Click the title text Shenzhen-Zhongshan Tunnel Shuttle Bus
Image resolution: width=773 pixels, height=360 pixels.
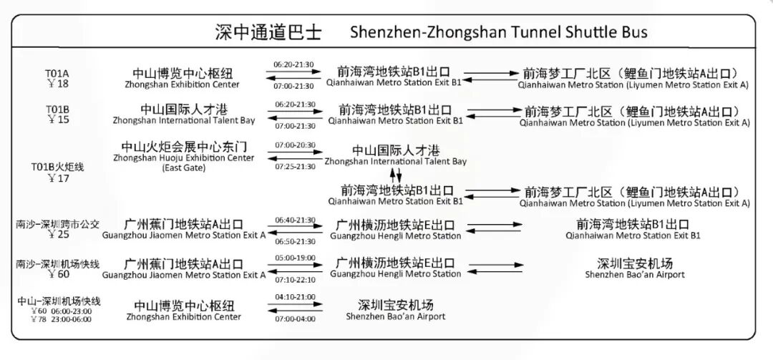[x=499, y=32]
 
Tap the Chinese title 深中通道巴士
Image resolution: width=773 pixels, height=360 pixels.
[x=268, y=32]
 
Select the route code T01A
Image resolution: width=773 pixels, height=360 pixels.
[x=57, y=73]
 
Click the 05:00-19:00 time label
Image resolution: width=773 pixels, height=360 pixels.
[x=294, y=257]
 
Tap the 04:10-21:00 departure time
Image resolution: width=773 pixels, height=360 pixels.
[x=294, y=296]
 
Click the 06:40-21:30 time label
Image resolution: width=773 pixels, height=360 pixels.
[x=294, y=220]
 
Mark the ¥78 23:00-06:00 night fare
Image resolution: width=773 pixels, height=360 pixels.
[x=61, y=319]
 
